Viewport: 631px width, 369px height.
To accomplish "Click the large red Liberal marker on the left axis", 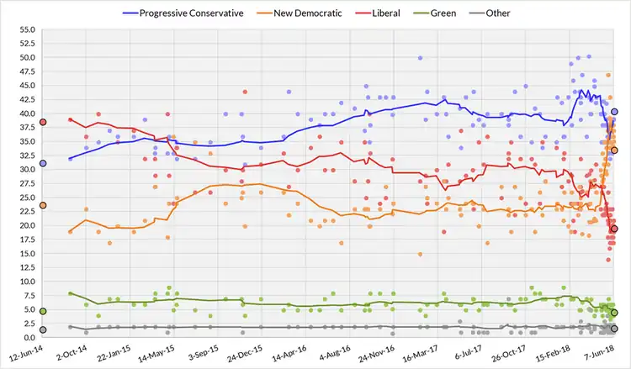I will click(42, 122).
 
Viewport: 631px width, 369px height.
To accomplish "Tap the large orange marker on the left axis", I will click(42, 205).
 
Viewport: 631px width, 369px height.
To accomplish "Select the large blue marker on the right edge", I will click(615, 112).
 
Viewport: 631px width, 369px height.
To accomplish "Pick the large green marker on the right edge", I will click(615, 313).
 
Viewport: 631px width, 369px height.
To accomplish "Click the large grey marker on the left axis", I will click(42, 329).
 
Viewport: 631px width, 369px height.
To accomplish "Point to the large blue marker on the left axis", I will click(42, 163).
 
